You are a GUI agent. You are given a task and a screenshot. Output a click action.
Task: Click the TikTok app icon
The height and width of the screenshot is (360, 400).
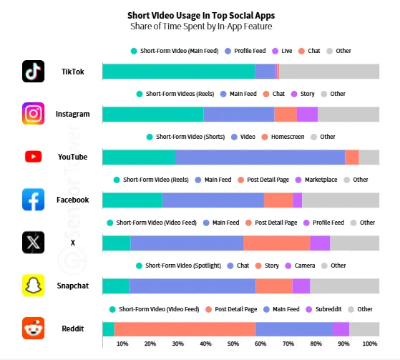(x=34, y=72)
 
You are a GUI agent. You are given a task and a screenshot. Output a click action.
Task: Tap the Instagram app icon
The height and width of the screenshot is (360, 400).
(x=34, y=114)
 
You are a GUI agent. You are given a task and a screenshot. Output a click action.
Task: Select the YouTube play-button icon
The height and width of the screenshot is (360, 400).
(x=34, y=157)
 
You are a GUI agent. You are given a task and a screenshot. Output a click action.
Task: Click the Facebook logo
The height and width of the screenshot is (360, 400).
(x=34, y=200)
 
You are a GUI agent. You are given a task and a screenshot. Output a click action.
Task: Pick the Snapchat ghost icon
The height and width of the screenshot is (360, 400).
(x=34, y=286)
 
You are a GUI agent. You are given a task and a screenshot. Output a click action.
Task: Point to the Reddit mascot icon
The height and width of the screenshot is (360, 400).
(x=34, y=329)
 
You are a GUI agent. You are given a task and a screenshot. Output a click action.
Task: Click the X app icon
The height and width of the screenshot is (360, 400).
(x=34, y=243)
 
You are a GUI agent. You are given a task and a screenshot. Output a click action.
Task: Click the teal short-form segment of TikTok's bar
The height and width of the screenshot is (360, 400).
(x=178, y=72)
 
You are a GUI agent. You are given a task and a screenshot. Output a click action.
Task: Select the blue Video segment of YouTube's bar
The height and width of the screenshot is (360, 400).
(x=260, y=157)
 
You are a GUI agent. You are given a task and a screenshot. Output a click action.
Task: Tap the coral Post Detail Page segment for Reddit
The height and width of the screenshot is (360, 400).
(x=185, y=329)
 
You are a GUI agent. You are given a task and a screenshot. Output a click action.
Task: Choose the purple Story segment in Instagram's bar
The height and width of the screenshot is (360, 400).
(x=307, y=115)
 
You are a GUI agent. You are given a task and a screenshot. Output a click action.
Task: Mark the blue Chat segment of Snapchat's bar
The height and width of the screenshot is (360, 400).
(x=192, y=286)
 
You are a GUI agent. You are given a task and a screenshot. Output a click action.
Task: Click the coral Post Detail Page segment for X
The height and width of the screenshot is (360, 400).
(x=276, y=243)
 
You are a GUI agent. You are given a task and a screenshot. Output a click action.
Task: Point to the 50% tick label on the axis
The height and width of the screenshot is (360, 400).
(x=233, y=344)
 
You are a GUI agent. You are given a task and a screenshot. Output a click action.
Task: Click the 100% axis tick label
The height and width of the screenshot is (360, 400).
(x=370, y=344)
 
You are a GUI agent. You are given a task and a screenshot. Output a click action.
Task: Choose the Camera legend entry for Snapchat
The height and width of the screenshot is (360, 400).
(x=303, y=266)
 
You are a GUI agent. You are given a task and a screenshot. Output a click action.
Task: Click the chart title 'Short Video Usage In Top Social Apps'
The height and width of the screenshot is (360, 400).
(x=200, y=15)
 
